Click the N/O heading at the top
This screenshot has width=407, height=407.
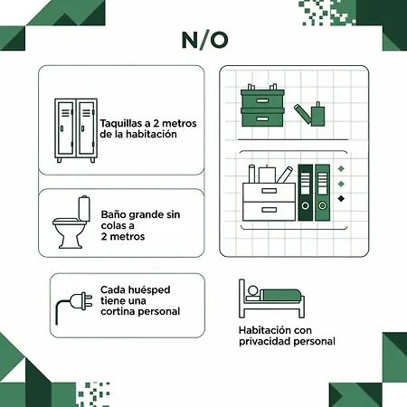coord(204,40)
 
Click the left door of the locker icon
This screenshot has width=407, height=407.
coord(65,128)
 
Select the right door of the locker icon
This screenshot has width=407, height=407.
coord(87,128)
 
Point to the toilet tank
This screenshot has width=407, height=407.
coord(84,208)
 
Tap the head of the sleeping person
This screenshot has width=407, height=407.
coord(252,290)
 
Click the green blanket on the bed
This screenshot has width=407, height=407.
coord(280,295)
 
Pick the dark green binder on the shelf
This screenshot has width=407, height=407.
coord(306,192)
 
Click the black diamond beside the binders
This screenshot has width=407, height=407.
coord(341,199)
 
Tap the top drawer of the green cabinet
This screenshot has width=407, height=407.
coord(262,100)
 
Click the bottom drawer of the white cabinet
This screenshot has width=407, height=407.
coord(269,211)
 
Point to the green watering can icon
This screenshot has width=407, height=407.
coord(310,115)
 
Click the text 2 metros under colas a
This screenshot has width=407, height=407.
coord(123,237)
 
